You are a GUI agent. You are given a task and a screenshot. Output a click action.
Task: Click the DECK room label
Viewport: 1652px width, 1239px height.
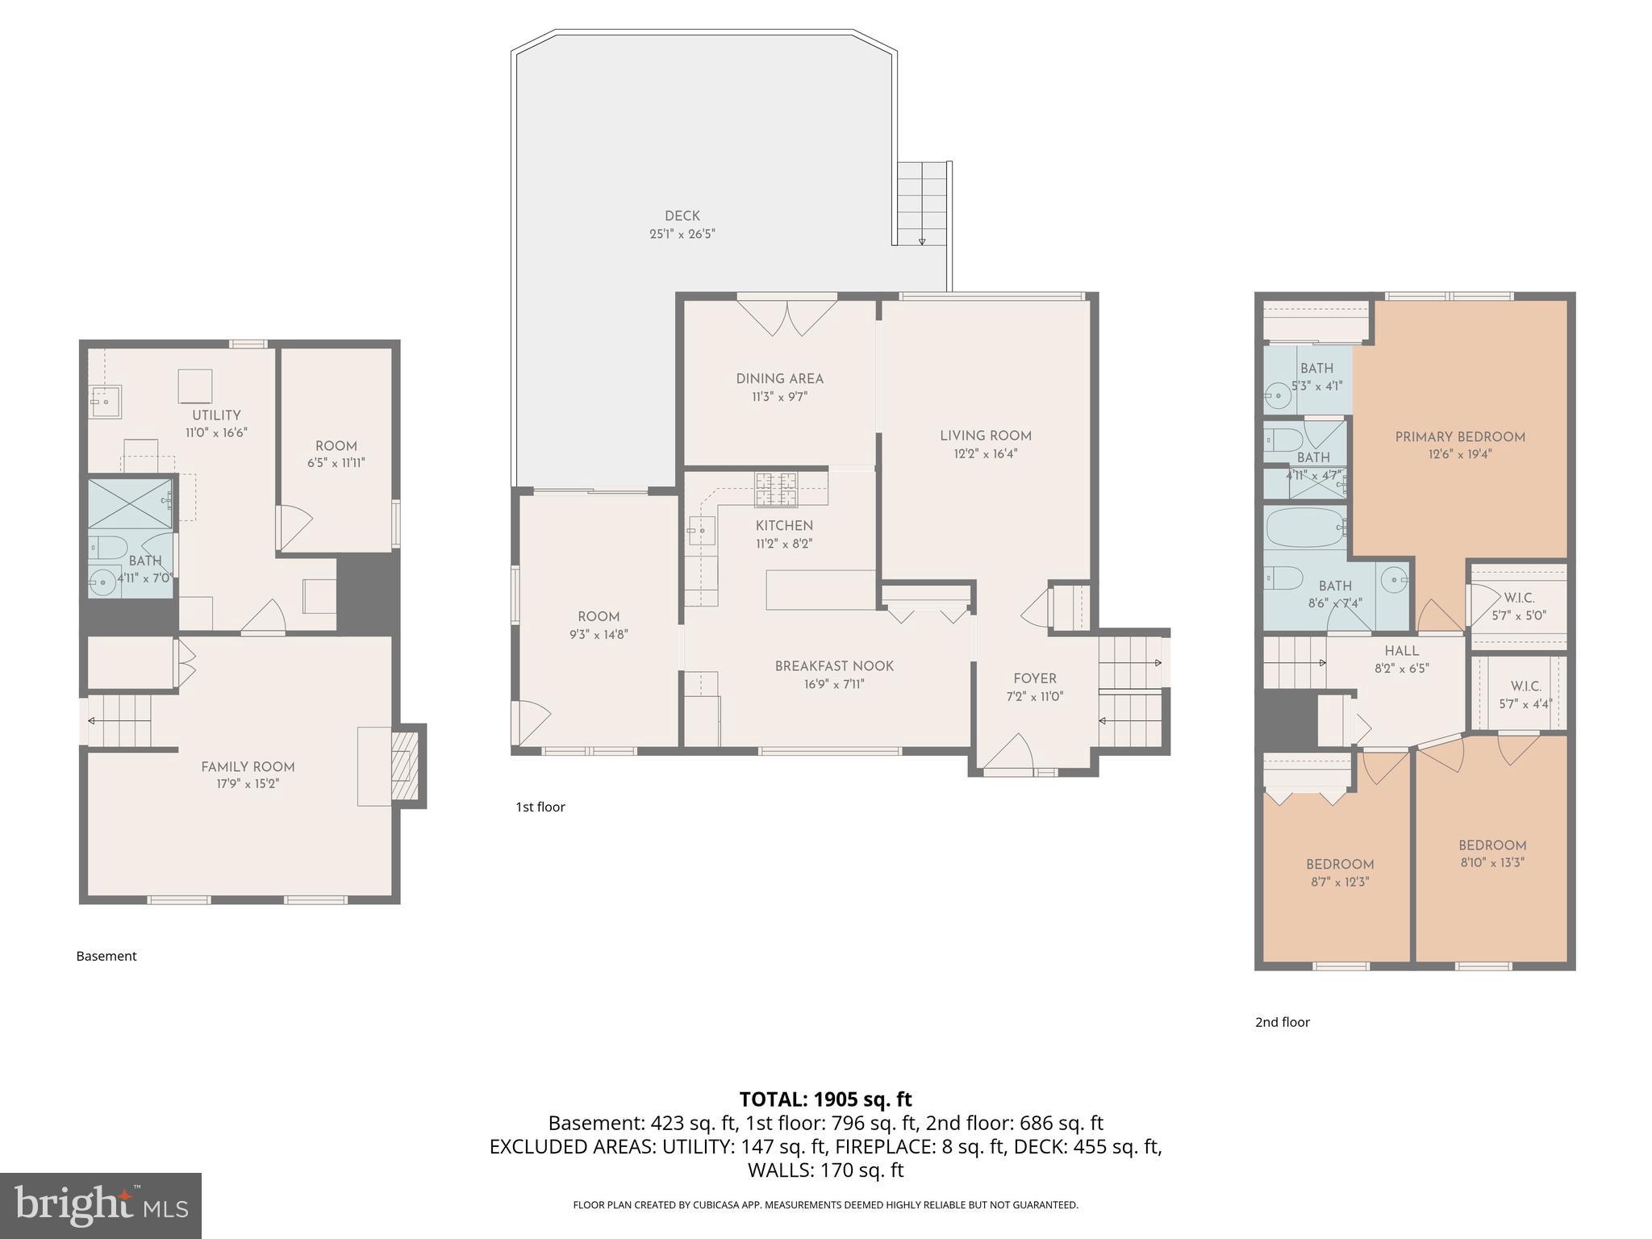tap(682, 216)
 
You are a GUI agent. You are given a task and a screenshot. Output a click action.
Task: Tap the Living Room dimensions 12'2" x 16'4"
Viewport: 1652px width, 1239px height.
tap(985, 454)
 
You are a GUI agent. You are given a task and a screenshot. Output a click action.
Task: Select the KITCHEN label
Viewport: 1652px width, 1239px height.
tap(783, 526)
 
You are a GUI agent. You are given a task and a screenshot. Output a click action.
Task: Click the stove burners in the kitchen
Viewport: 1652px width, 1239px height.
tap(775, 490)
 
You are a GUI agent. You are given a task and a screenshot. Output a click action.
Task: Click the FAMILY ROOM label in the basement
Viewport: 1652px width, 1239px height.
tap(248, 767)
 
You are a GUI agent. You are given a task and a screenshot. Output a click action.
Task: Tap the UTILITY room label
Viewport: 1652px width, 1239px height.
tap(216, 415)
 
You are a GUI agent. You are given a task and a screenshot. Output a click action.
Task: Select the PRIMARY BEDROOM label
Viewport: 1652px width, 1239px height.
tap(1459, 437)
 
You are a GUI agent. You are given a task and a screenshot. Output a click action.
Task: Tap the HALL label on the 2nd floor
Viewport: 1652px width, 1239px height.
tap(1401, 651)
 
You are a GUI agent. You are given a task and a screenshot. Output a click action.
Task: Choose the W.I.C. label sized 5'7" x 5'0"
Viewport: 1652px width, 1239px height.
tap(1519, 598)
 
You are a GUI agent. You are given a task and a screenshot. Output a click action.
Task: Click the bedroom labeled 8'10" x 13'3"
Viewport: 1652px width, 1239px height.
tap(1491, 845)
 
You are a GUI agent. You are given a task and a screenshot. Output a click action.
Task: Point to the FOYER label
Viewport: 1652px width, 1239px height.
tap(1034, 679)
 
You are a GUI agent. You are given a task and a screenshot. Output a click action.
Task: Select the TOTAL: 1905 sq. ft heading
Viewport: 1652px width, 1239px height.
tap(825, 1099)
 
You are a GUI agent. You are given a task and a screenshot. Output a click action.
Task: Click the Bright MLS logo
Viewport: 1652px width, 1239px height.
tap(100, 1205)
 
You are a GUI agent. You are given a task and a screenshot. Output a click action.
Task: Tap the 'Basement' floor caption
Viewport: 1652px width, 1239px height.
tap(106, 956)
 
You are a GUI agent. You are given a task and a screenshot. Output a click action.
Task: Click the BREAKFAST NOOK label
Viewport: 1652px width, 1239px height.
tap(834, 666)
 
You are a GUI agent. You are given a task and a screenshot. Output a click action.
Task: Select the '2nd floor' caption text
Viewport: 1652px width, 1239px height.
tap(1282, 1022)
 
